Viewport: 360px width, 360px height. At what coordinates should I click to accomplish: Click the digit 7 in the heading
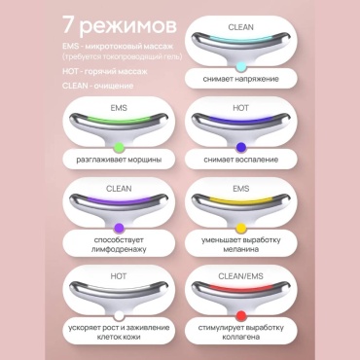click(68, 25)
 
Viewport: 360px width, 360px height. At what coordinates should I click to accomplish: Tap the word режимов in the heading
click(127, 27)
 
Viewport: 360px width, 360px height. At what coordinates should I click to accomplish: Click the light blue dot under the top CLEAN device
click(240, 67)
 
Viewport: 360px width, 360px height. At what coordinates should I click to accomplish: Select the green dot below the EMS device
click(119, 148)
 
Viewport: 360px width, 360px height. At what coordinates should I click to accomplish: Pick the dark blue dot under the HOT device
click(241, 148)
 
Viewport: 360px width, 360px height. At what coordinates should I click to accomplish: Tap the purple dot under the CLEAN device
click(119, 228)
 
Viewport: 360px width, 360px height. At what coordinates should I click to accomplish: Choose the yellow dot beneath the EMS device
click(240, 228)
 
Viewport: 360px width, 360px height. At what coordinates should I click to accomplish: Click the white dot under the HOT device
click(119, 315)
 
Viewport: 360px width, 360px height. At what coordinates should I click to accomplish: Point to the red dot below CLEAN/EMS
click(241, 315)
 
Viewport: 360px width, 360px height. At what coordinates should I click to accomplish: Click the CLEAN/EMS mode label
click(240, 276)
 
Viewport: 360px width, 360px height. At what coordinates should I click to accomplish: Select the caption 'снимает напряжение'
click(240, 79)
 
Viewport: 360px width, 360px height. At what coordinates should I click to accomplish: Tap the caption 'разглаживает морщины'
click(119, 160)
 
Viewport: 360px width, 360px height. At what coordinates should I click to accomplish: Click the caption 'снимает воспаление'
click(240, 160)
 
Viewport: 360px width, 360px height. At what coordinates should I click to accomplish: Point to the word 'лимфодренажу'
click(119, 249)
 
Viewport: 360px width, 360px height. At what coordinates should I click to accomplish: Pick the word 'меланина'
click(240, 249)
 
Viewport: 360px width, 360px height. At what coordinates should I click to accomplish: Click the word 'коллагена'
click(240, 337)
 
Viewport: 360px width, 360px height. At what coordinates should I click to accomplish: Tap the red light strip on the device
click(240, 288)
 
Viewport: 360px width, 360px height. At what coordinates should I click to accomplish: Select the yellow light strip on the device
click(240, 200)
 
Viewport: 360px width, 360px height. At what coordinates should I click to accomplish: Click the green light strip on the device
click(119, 121)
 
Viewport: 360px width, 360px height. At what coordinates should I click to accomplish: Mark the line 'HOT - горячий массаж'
click(105, 71)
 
